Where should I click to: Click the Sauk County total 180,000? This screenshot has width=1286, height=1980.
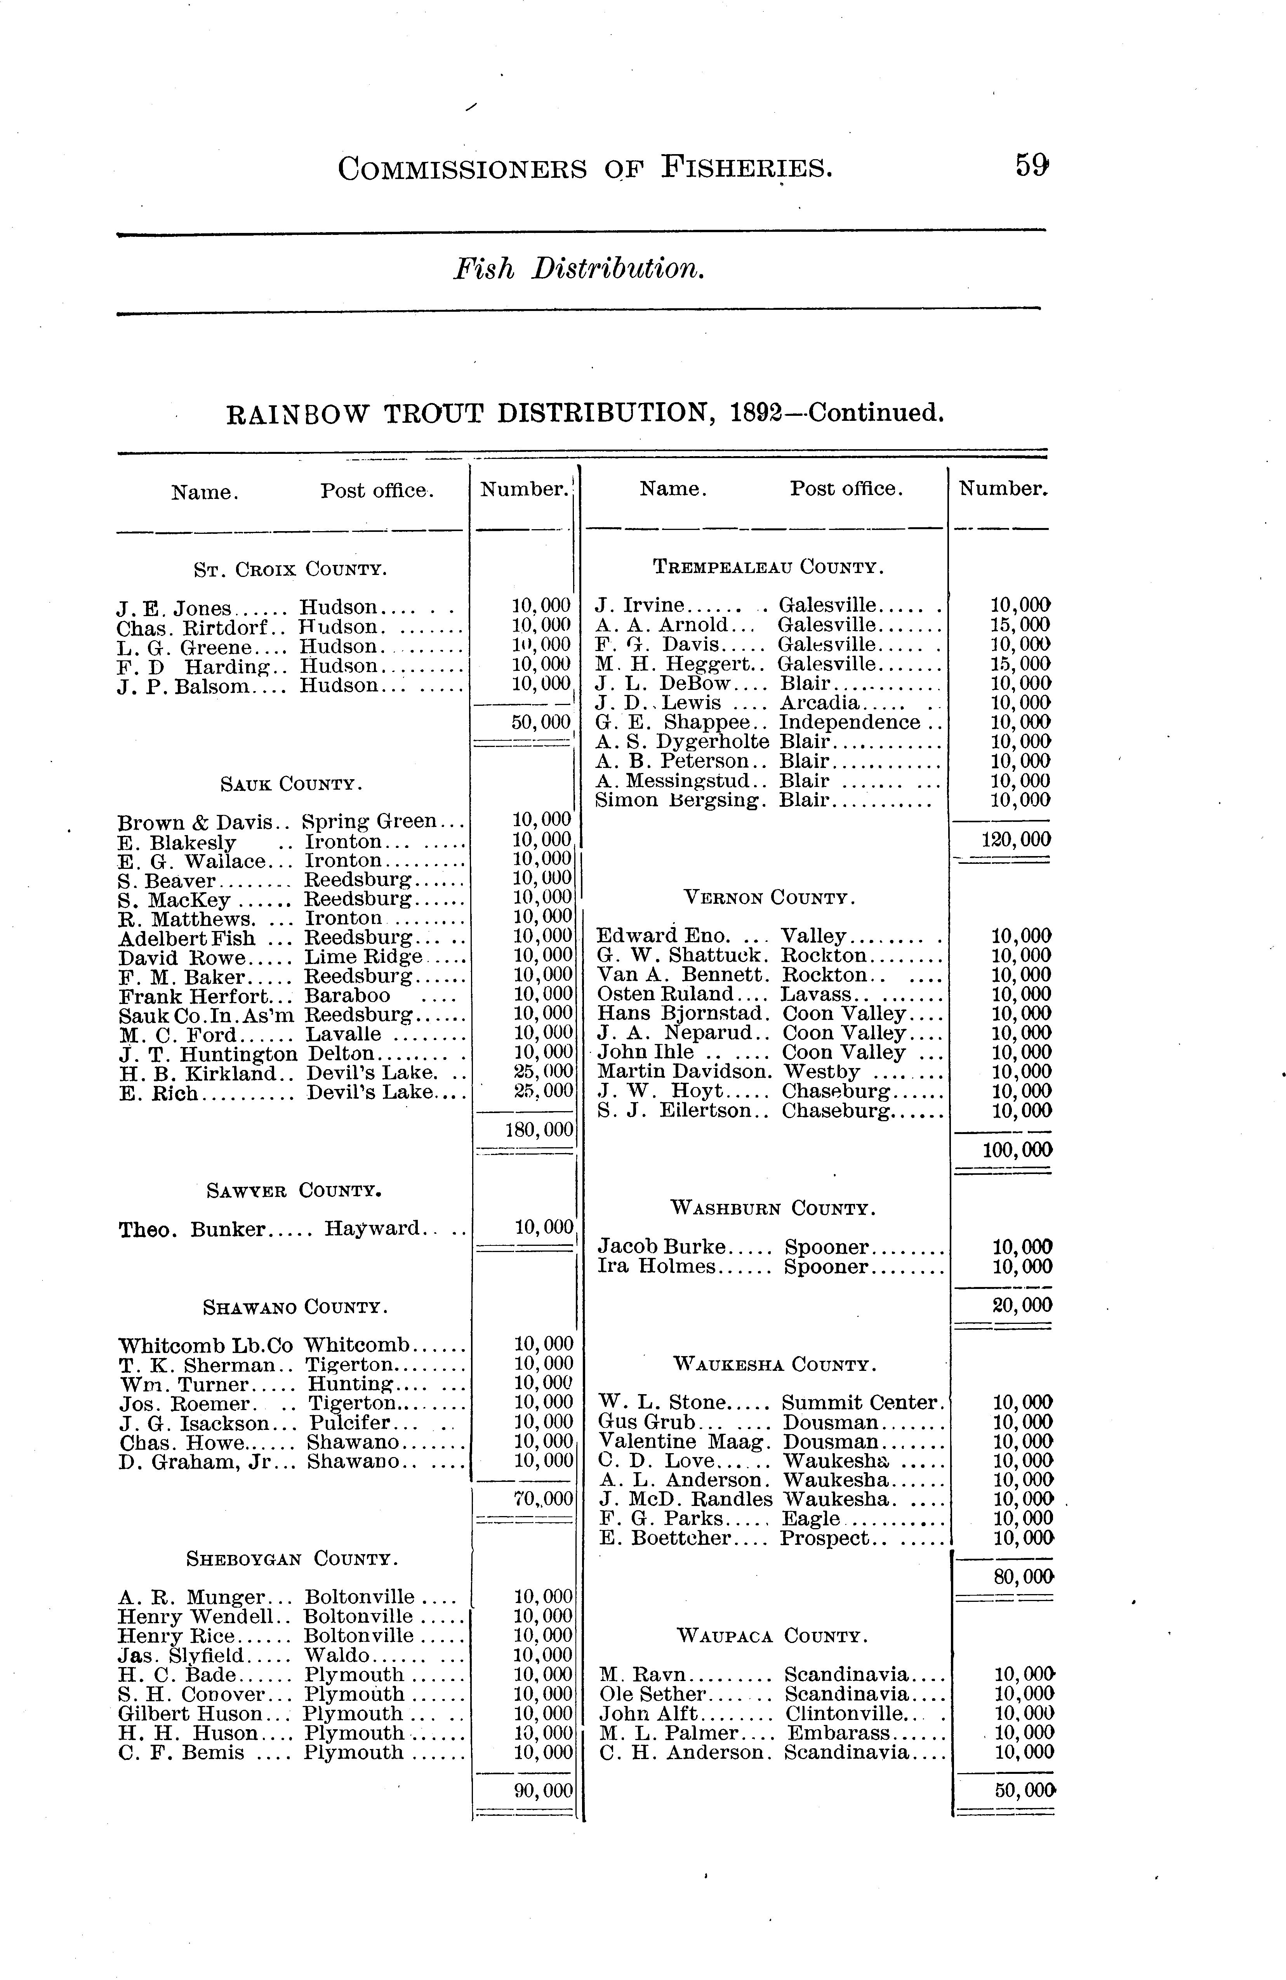coord(539,1130)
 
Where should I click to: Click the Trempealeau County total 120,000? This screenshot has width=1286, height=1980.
coord(1017,839)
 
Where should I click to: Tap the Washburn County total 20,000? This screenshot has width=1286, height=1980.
coord(1022,1304)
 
